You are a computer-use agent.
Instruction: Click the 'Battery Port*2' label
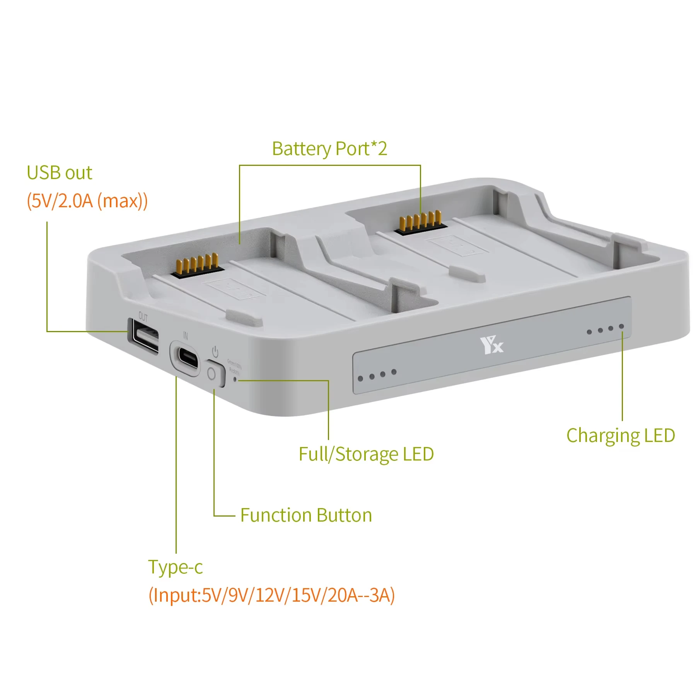coord(329,149)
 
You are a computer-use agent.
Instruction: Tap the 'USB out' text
coord(60,173)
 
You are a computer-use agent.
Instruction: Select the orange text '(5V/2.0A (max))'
coord(87,201)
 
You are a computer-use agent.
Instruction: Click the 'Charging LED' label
coord(620,436)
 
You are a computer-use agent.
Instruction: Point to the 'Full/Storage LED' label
coord(366,454)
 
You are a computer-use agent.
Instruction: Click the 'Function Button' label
coord(306,515)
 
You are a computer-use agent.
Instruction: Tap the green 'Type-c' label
coord(175,567)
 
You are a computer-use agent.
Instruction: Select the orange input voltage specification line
coord(271,595)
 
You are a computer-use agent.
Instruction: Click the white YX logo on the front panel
coord(491,345)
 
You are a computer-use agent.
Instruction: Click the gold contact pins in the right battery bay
coord(420,222)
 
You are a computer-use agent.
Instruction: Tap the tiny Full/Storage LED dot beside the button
coord(235,380)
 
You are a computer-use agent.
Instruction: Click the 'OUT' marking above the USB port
coord(143,317)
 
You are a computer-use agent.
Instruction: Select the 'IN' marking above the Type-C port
coord(186,336)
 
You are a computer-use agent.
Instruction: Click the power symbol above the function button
coord(215,352)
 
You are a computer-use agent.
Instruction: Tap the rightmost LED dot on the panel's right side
coord(621,327)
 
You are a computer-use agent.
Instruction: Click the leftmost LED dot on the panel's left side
coord(360,378)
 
